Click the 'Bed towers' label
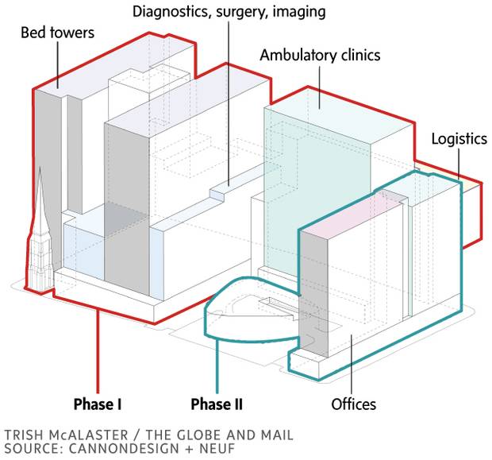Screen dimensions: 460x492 (x=59, y=33)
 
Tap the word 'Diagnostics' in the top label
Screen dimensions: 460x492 (x=168, y=12)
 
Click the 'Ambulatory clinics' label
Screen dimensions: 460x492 (x=320, y=56)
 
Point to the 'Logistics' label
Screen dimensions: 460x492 (x=459, y=139)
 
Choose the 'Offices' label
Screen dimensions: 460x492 (x=353, y=404)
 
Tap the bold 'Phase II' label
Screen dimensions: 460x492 (x=216, y=404)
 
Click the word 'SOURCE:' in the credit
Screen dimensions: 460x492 (x=31, y=449)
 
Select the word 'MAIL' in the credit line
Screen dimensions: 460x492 (x=272, y=435)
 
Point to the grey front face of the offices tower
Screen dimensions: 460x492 (x=313, y=294)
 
